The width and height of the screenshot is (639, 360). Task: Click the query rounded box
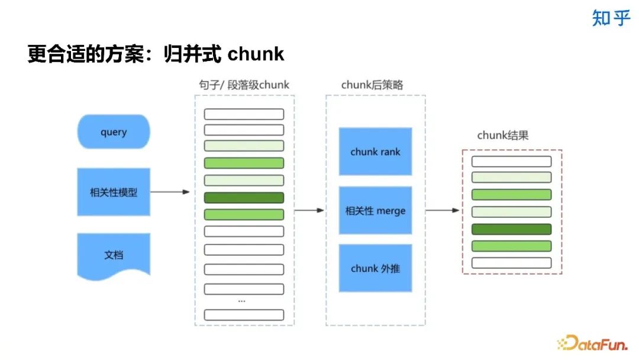click(x=114, y=131)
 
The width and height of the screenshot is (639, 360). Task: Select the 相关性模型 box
click(x=114, y=192)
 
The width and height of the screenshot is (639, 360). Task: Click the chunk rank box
click(x=375, y=152)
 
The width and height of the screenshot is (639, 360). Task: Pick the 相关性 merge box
click(x=375, y=210)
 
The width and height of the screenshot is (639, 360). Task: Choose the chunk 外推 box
click(x=375, y=268)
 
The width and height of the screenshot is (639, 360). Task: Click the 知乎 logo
click(x=611, y=18)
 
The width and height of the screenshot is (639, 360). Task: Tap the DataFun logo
click(x=594, y=342)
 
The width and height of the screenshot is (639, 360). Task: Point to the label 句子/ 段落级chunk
click(x=244, y=85)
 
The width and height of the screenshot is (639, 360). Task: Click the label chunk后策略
click(x=372, y=85)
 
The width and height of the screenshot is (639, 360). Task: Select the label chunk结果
click(x=503, y=136)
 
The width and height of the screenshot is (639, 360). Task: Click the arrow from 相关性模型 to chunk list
click(x=170, y=192)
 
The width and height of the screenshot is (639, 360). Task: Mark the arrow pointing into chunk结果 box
click(x=443, y=210)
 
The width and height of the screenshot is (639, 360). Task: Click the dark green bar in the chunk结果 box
click(x=511, y=229)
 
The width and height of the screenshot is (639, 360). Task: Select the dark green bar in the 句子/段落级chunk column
click(x=244, y=198)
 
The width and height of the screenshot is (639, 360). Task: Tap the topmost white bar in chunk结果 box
click(x=511, y=161)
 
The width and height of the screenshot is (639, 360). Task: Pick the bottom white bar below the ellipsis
click(x=244, y=314)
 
